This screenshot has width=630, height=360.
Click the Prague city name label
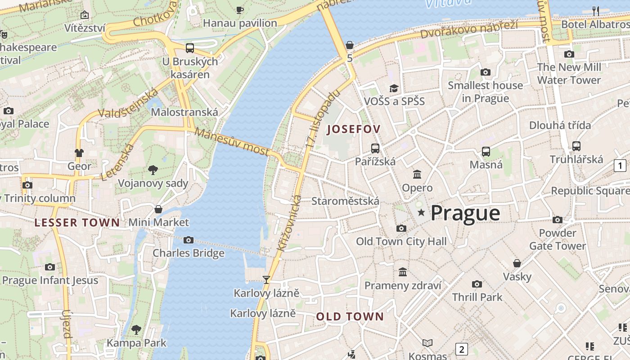tap(465, 213)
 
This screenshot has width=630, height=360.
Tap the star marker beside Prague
tap(421, 212)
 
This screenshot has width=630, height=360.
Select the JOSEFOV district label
tap(354, 129)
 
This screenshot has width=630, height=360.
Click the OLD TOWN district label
tap(350, 316)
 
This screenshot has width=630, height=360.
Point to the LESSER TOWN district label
tap(77, 222)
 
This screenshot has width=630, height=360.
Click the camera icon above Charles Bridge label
tap(189, 240)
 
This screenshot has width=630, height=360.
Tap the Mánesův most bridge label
tap(232, 141)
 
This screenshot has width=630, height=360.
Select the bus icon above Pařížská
tap(375, 148)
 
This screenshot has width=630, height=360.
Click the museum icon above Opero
tap(417, 174)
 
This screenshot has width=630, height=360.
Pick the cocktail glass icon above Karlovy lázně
tap(266, 280)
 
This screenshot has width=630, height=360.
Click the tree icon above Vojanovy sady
tap(153, 170)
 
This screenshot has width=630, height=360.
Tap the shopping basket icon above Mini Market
tap(158, 209)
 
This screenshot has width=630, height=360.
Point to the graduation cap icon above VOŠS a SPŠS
tap(394, 88)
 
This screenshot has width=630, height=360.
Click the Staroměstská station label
tap(345, 201)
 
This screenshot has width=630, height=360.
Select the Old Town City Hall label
tap(401, 241)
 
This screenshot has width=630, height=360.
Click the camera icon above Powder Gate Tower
tap(558, 220)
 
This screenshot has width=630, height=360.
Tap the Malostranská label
tap(184, 112)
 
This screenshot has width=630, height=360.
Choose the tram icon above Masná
tap(486, 151)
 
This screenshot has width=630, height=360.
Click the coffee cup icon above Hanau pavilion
tap(240, 10)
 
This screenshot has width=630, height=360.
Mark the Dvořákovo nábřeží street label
tap(468, 29)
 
